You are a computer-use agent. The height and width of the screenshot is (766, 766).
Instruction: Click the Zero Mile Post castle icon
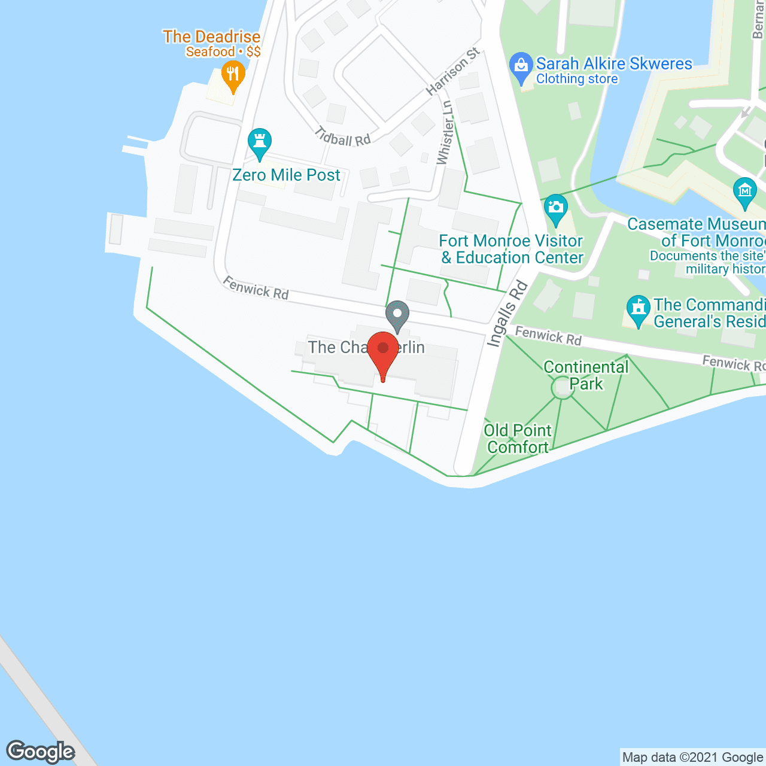click(260, 142)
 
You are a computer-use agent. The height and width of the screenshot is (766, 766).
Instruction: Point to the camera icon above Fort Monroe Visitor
click(556, 208)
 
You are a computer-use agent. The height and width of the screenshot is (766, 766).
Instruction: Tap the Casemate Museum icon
click(745, 191)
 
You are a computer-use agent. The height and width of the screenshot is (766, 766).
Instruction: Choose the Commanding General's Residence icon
click(639, 309)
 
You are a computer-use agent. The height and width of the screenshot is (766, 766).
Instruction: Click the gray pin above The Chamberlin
click(397, 315)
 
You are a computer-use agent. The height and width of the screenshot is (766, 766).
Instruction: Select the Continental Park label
click(586, 375)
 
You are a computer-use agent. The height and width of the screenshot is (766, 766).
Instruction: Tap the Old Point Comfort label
click(518, 439)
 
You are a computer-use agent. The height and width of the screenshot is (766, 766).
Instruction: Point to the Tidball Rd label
click(344, 137)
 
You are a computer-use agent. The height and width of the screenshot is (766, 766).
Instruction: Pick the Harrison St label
click(453, 72)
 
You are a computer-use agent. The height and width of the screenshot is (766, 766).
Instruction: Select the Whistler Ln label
click(444, 133)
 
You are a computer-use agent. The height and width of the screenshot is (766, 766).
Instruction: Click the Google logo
click(41, 751)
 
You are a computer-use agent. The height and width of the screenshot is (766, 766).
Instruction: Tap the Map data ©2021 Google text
click(692, 758)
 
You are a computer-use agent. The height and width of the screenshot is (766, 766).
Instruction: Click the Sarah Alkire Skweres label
click(614, 64)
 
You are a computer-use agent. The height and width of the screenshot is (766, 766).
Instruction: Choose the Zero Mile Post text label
click(286, 175)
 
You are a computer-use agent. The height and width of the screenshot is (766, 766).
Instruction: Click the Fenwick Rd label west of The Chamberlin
click(256, 288)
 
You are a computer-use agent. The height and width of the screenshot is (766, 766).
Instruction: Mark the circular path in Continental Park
click(563, 388)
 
